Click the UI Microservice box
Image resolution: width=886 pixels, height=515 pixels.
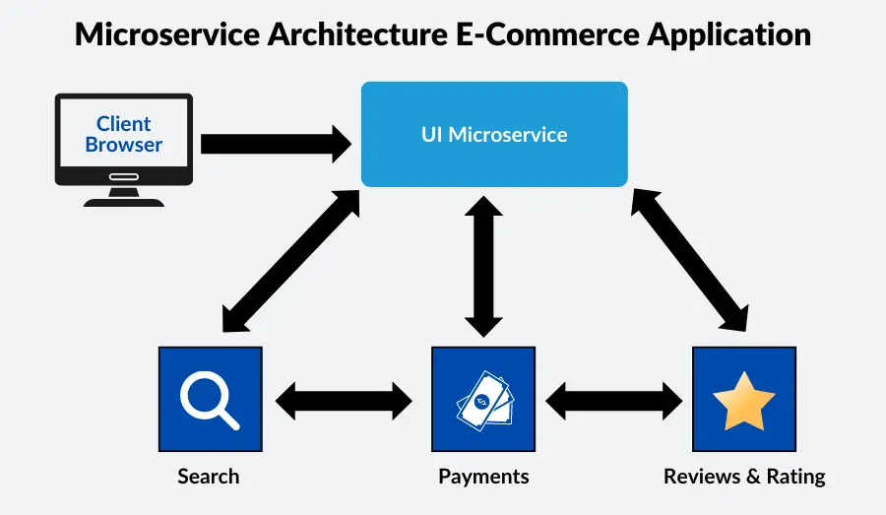pyautogui.click(x=494, y=134)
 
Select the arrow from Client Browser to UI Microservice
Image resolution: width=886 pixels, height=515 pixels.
pyautogui.click(x=276, y=144)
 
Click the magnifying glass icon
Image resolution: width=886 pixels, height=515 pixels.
pyautogui.click(x=210, y=399)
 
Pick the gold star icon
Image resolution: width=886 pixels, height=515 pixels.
pyautogui.click(x=743, y=400)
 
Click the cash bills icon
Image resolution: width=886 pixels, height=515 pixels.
pyautogui.click(x=483, y=400)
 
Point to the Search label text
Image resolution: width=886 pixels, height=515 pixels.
pyautogui.click(x=208, y=477)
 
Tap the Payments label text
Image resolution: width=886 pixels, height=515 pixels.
pyautogui.click(x=483, y=477)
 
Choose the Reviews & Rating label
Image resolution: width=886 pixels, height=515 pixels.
pyautogui.click(x=744, y=477)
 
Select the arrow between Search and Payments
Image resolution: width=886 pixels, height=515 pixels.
pyautogui.click(x=345, y=400)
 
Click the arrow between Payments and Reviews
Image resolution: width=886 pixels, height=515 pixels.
pyautogui.click(x=613, y=400)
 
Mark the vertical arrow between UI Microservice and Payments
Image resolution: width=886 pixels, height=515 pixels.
pyautogui.click(x=483, y=265)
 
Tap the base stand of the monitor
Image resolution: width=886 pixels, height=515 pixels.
pyautogui.click(x=123, y=200)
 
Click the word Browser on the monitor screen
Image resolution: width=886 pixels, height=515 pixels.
pyautogui.click(x=123, y=145)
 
